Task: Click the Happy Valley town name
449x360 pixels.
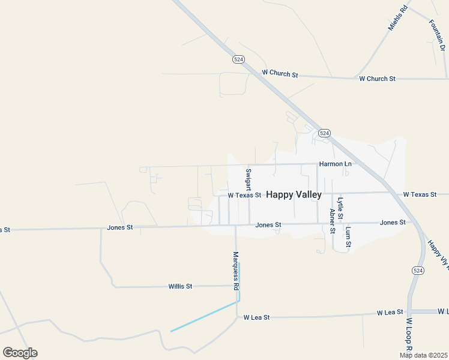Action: (294, 194)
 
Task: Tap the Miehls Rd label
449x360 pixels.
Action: (397, 18)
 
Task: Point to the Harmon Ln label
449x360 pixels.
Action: (336, 164)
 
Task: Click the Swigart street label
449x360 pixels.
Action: (248, 179)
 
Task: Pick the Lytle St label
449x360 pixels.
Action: (340, 208)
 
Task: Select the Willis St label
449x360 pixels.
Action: (180, 287)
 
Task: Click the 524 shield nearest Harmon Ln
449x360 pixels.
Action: (324, 133)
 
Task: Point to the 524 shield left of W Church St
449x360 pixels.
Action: (238, 59)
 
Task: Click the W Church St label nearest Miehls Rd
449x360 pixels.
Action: (377, 79)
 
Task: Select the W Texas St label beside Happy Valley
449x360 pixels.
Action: (244, 195)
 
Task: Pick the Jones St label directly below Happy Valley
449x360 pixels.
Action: (268, 225)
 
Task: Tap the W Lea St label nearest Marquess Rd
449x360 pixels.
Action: (257, 317)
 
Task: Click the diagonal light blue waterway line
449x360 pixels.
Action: (204, 317)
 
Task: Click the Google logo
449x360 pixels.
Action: (20, 353)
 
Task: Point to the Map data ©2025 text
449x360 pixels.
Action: (424, 355)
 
